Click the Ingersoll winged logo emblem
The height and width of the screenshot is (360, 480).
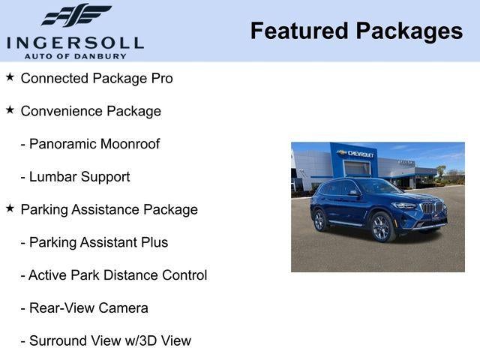pyautogui.click(x=75, y=15)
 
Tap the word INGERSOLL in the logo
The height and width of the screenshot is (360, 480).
pyautogui.click(x=75, y=41)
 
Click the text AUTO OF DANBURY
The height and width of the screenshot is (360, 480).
pyautogui.click(x=75, y=55)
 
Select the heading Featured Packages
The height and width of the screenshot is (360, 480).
pyautogui.click(x=356, y=31)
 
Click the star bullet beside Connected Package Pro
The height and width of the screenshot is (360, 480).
pyautogui.click(x=10, y=77)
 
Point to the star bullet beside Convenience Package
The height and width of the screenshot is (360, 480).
pyautogui.click(x=10, y=110)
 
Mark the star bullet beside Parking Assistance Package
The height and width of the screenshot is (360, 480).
pyautogui.click(x=10, y=209)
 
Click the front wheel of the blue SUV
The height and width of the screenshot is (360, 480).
pyautogui.click(x=382, y=227)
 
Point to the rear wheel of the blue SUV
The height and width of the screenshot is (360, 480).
pyautogui.click(x=319, y=220)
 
